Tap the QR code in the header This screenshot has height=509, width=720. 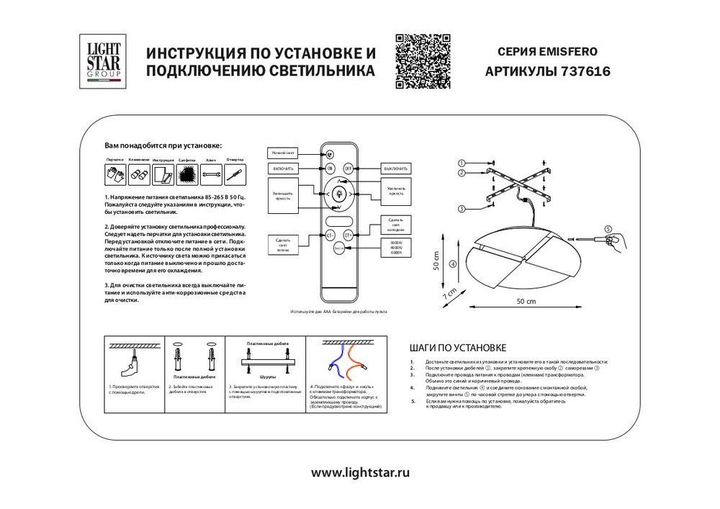[x=423, y=61]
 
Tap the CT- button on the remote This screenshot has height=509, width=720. [x=330, y=235]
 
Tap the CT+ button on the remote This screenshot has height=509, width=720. [x=348, y=235]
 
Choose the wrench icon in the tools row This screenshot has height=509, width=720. [x=211, y=174]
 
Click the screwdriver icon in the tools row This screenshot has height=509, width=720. [x=235, y=174]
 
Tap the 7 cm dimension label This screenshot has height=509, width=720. [x=450, y=294]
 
